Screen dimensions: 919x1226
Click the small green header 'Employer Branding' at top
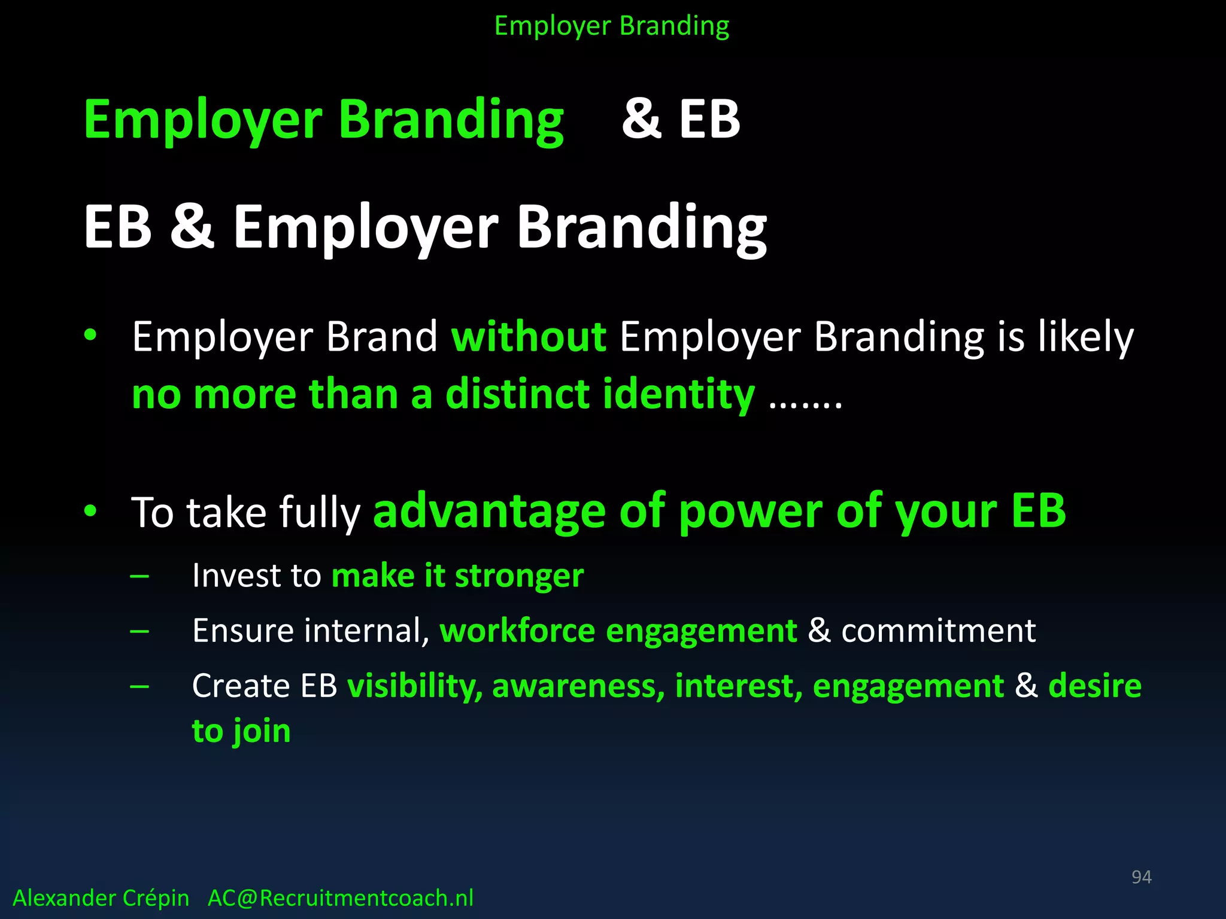pos(612,26)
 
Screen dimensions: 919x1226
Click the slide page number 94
pos(1141,877)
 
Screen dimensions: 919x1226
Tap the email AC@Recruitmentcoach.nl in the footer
pos(340,898)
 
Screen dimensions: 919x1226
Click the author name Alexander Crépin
pos(101,898)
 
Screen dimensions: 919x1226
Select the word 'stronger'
pos(519,576)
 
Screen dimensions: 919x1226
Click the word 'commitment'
pos(938,631)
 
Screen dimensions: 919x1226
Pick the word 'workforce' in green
pos(517,631)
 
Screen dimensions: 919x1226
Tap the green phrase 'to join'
pos(241,731)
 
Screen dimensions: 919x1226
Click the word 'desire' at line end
pos(1095,686)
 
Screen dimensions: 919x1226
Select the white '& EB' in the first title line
pos(681,119)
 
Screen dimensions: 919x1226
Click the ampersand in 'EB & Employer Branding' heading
pos(192,226)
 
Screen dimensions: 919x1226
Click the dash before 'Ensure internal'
pos(139,631)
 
